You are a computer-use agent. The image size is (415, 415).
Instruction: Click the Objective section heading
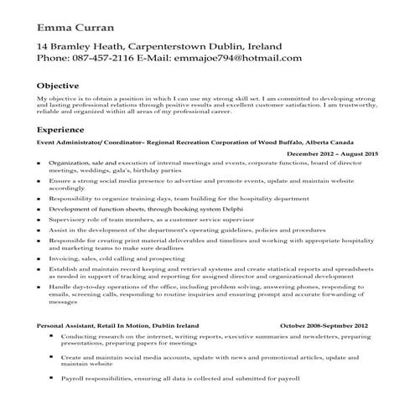[58, 86]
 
